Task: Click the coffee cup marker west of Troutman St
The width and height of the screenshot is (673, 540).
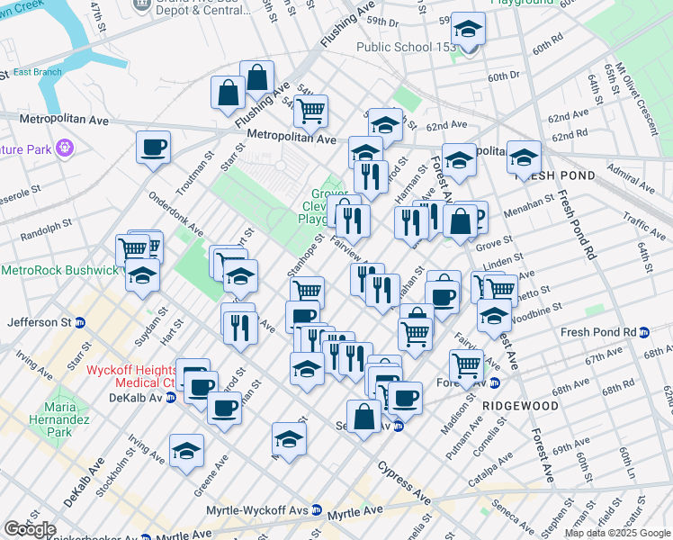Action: pyautogui.click(x=153, y=147)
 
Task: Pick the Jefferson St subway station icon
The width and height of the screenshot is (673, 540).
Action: pyautogui.click(x=79, y=321)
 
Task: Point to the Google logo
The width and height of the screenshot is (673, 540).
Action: pyautogui.click(x=30, y=529)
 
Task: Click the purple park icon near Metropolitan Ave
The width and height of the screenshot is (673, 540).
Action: pyautogui.click(x=64, y=148)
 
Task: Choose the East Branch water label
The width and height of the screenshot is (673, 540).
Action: pyautogui.click(x=35, y=72)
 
